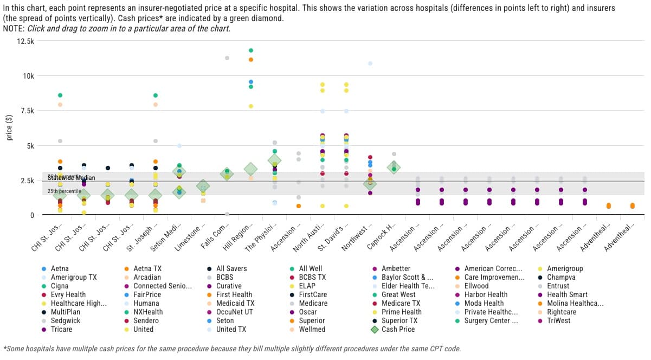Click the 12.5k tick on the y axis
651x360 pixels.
[25, 41]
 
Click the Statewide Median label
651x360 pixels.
[71, 178]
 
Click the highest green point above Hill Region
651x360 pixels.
[251, 50]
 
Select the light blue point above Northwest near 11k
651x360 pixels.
[370, 63]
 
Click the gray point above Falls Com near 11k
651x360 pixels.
[227, 58]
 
